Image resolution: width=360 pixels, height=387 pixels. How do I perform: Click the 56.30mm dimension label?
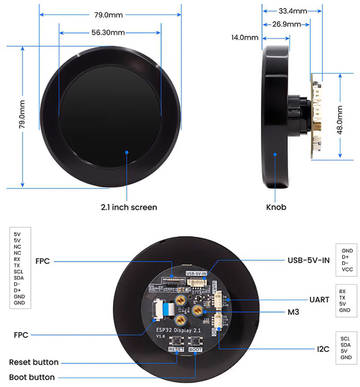(108, 32)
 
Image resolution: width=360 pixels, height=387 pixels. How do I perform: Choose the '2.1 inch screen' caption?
(129, 207)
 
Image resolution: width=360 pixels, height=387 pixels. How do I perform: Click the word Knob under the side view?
(276, 207)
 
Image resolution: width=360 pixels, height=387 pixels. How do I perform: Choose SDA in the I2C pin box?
(346, 345)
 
